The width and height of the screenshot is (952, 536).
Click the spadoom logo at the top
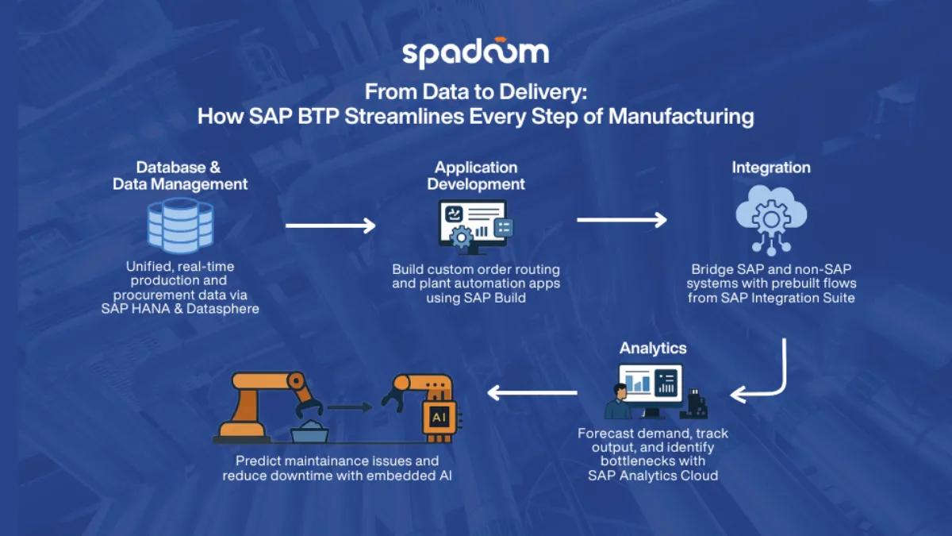tap(475, 52)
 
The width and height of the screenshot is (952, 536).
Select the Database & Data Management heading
tap(180, 175)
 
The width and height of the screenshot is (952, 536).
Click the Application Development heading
tap(476, 175)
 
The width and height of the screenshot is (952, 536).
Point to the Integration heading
tap(770, 168)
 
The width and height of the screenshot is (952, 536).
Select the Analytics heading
tap(653, 349)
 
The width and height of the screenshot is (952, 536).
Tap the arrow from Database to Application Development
tap(330, 226)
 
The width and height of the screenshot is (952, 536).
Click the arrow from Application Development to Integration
tap(621, 219)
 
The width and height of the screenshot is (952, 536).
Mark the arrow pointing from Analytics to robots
tap(532, 391)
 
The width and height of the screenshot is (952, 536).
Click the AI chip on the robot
tap(438, 417)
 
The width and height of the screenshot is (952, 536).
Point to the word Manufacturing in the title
tap(681, 117)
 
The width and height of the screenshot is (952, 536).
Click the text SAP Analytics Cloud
tap(652, 476)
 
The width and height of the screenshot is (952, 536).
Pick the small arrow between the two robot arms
tap(350, 407)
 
